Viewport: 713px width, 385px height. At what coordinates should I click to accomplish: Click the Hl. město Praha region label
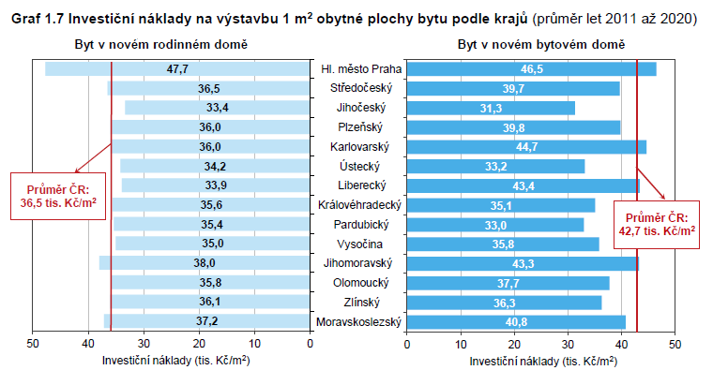point(361,68)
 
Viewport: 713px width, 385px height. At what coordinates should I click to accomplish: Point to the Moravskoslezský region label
point(361,321)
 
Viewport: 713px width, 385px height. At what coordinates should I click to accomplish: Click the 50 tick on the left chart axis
point(33,344)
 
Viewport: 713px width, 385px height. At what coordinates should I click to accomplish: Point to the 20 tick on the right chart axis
point(514,344)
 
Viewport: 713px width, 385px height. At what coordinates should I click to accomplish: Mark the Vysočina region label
point(361,244)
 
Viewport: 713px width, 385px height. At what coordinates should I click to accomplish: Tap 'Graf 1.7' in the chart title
point(37,19)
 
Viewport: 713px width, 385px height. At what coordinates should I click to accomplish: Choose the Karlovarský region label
point(361,147)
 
